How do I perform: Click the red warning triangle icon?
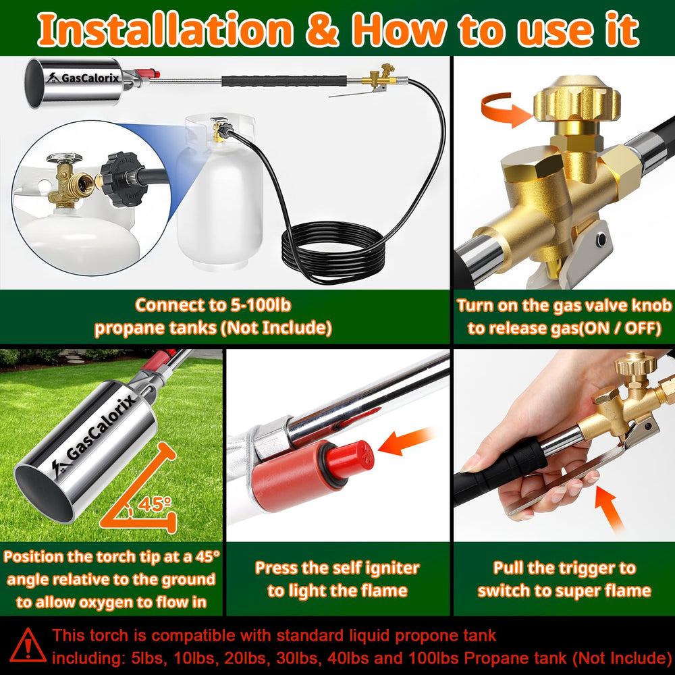28,645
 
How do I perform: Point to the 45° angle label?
155,504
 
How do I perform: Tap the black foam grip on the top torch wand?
284,81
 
